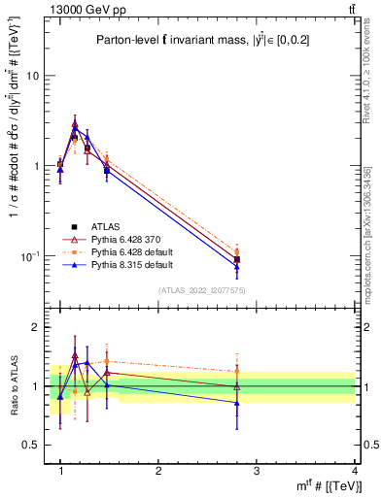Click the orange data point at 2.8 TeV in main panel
pos(237,251)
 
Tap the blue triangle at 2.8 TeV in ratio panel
pos(237,402)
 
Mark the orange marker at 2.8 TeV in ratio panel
pos(237,371)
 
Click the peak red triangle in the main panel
pos(75,124)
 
